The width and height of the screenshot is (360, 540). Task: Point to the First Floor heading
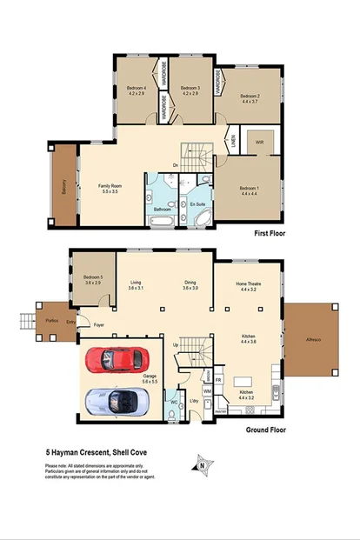point(267,233)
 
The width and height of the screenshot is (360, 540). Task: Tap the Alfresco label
point(311,339)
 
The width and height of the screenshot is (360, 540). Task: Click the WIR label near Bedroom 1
point(258,143)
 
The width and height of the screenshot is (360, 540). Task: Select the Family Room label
point(110,185)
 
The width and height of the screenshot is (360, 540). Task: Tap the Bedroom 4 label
point(137,88)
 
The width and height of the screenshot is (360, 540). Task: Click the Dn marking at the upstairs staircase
point(175,164)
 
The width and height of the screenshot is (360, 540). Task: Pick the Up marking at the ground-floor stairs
point(177,345)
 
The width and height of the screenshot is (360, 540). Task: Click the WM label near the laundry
point(208,392)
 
